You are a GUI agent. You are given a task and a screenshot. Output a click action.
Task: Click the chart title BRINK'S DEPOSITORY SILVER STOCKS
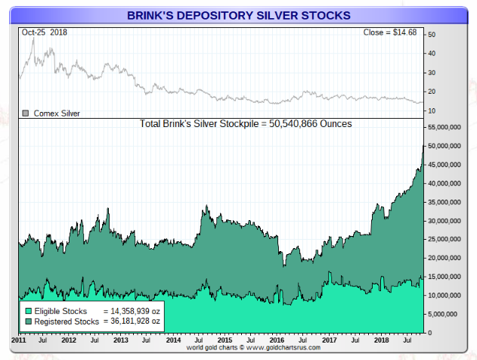[x=239, y=15]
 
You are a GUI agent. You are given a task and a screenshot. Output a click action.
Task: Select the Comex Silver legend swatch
[x=26, y=113]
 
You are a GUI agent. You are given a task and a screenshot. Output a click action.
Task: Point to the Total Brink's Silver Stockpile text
[x=246, y=123]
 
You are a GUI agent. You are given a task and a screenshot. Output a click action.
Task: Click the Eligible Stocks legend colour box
[x=28, y=311]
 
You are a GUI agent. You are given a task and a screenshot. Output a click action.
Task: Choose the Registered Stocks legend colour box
[x=28, y=321]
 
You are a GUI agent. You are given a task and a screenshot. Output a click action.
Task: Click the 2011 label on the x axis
[x=19, y=341]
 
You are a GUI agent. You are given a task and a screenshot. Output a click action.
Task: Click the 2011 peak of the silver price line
[x=33, y=38]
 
